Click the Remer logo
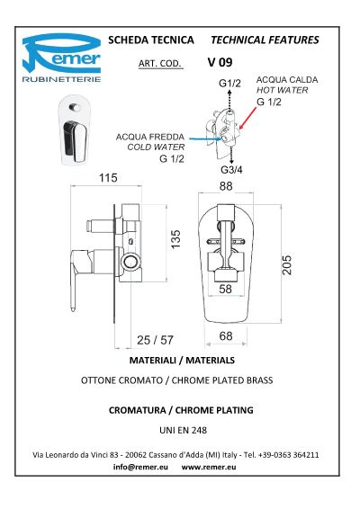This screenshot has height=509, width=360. (61, 58)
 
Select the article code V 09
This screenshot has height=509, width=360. (220, 62)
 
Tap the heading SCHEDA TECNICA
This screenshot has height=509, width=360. (151, 40)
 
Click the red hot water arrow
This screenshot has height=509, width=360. (247, 118)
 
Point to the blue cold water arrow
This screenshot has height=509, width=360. (205, 139)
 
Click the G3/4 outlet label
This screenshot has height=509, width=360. (231, 169)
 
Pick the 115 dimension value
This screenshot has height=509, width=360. (108, 178)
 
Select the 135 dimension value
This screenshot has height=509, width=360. (175, 239)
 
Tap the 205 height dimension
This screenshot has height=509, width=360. (287, 265)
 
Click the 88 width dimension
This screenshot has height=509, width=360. (226, 186)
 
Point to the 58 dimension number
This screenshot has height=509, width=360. (226, 289)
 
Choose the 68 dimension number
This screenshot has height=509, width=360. (226, 336)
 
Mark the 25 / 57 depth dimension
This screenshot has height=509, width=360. (155, 340)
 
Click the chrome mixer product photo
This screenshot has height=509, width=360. (75, 129)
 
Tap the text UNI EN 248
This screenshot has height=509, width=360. (183, 431)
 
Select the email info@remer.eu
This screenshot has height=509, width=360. (140, 467)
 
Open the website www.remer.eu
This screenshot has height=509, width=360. (209, 467)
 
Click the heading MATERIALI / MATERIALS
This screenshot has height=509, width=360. (182, 361)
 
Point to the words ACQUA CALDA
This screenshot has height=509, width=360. (287, 80)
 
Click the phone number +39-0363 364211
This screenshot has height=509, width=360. (289, 455)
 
